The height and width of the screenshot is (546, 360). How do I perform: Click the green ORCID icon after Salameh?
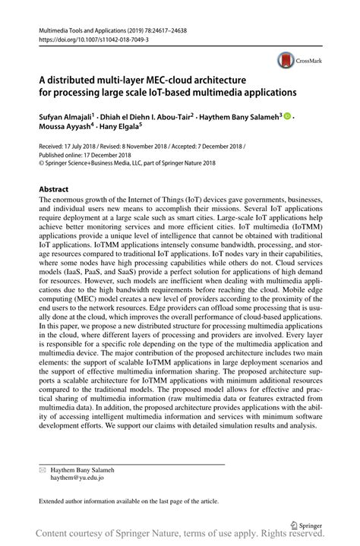(288, 118)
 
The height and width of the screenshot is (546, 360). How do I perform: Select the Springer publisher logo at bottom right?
(306, 524)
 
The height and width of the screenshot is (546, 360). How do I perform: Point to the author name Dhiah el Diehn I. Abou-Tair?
(153, 118)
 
